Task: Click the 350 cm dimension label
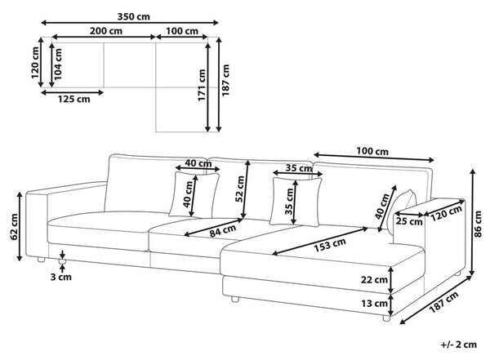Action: [x=133, y=16]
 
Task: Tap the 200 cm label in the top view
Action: [x=106, y=31]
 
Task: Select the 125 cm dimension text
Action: [x=73, y=99]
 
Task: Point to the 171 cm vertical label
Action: [x=202, y=85]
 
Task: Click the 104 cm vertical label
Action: [x=58, y=64]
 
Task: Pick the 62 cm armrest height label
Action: [x=14, y=227]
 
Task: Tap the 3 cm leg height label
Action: [x=61, y=277]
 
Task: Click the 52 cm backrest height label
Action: [x=239, y=189]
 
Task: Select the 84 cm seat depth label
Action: [x=222, y=231]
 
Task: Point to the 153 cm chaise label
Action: [x=330, y=245]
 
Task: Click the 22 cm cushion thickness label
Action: [x=374, y=280]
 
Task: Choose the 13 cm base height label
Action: [x=374, y=303]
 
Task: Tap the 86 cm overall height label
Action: [x=478, y=224]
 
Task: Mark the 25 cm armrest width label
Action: [x=409, y=221]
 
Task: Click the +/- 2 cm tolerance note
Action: [x=459, y=344]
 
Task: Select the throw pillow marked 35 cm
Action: [x=296, y=202]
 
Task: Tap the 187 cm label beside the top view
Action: [x=225, y=80]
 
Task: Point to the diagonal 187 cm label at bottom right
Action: [x=443, y=302]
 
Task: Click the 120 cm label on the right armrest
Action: [x=447, y=213]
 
